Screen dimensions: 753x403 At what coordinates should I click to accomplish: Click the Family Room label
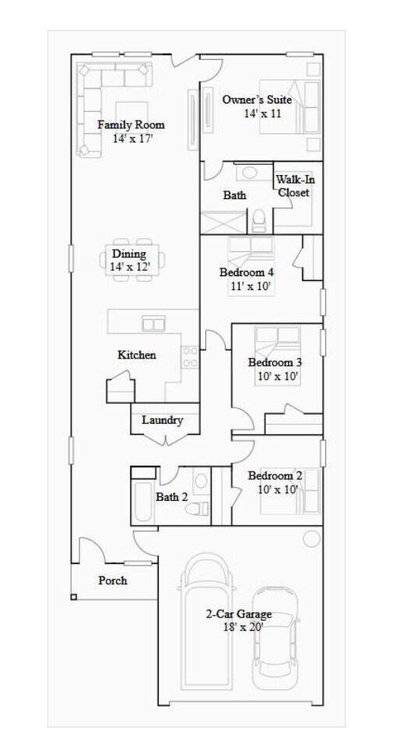point(131,124)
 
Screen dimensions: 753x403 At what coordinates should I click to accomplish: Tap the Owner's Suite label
point(257,100)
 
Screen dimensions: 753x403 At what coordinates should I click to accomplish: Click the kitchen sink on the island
point(153,323)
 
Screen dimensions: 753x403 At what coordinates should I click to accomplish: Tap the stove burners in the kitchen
point(188,357)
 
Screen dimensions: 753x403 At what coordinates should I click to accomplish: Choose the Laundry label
point(163,420)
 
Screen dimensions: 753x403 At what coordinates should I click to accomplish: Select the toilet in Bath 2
point(201,506)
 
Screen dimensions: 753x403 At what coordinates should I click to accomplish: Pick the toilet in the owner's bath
point(260,221)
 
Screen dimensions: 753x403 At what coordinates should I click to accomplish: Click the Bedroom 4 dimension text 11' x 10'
point(247,286)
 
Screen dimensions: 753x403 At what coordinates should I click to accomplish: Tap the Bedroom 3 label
point(275,362)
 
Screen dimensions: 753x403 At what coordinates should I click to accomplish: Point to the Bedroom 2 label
point(275,476)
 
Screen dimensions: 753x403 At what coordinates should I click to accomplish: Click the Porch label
point(113,580)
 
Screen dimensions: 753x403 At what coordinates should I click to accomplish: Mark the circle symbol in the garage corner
point(311,537)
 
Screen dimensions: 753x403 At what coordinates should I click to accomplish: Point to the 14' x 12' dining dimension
point(129,266)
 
